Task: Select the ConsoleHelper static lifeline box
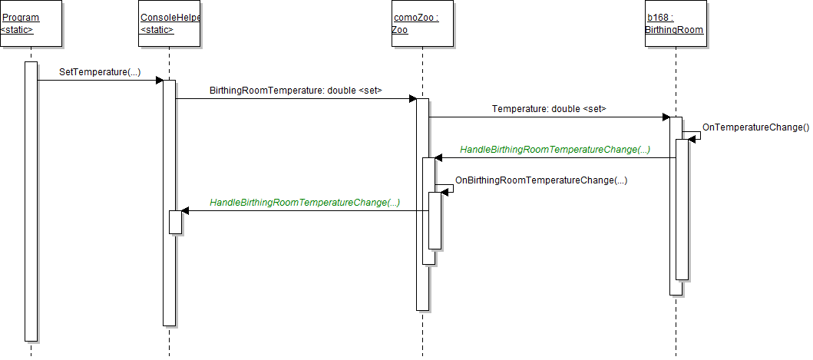[169, 24]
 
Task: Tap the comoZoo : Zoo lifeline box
[422, 24]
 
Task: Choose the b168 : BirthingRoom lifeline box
[674, 24]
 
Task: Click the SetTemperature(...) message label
[100, 72]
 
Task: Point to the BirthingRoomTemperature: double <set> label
[296, 91]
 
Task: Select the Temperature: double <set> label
[549, 109]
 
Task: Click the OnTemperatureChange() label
[755, 127]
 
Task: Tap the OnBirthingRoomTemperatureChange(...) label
[541, 180]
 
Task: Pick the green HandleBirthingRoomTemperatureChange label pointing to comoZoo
[555, 150]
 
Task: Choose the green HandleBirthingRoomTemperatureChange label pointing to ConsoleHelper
[305, 203]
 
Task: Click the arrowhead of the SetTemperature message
[159, 80]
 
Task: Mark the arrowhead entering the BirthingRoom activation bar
[666, 117]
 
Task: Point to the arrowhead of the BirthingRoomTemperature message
[412, 98]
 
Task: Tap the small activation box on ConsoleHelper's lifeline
[175, 222]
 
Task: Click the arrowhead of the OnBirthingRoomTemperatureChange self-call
[446, 192]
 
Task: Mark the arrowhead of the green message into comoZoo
[438, 158]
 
